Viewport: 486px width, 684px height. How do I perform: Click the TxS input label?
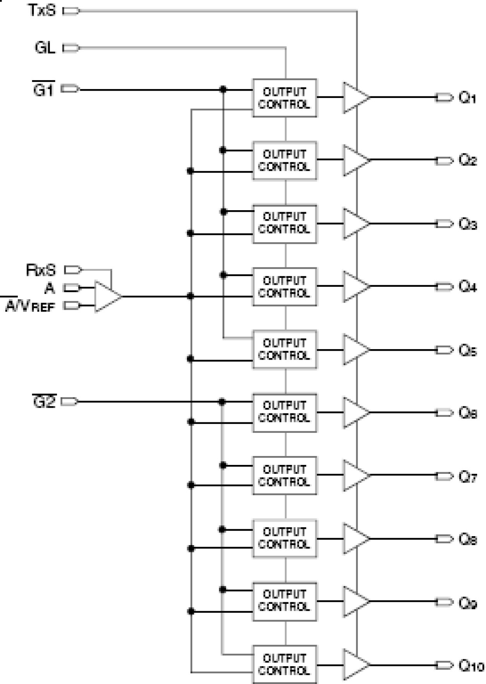tap(42, 10)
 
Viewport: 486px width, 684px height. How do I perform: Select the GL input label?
tap(45, 48)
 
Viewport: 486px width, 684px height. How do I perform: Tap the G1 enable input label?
tap(44, 90)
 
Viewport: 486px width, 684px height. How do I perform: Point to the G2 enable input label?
tap(44, 402)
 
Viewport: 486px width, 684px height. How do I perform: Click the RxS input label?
tap(41, 270)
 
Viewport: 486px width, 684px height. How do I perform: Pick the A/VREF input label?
tap(30, 306)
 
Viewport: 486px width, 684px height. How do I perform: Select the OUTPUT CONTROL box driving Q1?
tap(284, 98)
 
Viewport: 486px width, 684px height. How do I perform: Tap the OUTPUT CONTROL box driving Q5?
tap(284, 350)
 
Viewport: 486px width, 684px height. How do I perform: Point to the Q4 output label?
tap(467, 287)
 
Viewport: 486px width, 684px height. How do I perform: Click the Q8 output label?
tap(467, 539)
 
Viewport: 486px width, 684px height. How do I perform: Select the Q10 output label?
tap(471, 666)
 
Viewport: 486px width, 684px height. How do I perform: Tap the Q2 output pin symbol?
tap(444, 160)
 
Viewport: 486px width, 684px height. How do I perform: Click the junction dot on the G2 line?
tap(222, 402)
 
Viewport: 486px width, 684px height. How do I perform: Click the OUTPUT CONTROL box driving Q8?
tap(284, 538)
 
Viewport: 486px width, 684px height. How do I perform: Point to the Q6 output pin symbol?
tap(444, 413)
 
